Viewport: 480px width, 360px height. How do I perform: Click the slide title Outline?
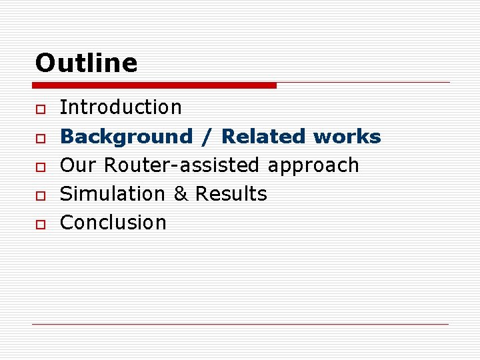coord(86,63)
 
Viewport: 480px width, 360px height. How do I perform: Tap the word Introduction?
coord(121,107)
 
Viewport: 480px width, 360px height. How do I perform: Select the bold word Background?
coord(126,137)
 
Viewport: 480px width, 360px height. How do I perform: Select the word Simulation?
coord(112,194)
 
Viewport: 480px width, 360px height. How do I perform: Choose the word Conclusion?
coord(113,223)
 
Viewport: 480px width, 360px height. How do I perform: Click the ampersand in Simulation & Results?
coord(180,194)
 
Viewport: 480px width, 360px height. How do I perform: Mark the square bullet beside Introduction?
coord(40,109)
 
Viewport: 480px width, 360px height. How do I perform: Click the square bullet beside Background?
coord(40,137)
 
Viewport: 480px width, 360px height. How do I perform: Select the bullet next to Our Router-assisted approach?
coord(40,166)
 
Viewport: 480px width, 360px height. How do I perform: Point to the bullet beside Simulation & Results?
coord(40,195)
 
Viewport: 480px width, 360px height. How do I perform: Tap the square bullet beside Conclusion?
coord(40,223)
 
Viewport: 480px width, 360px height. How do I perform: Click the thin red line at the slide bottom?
coord(240,324)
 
